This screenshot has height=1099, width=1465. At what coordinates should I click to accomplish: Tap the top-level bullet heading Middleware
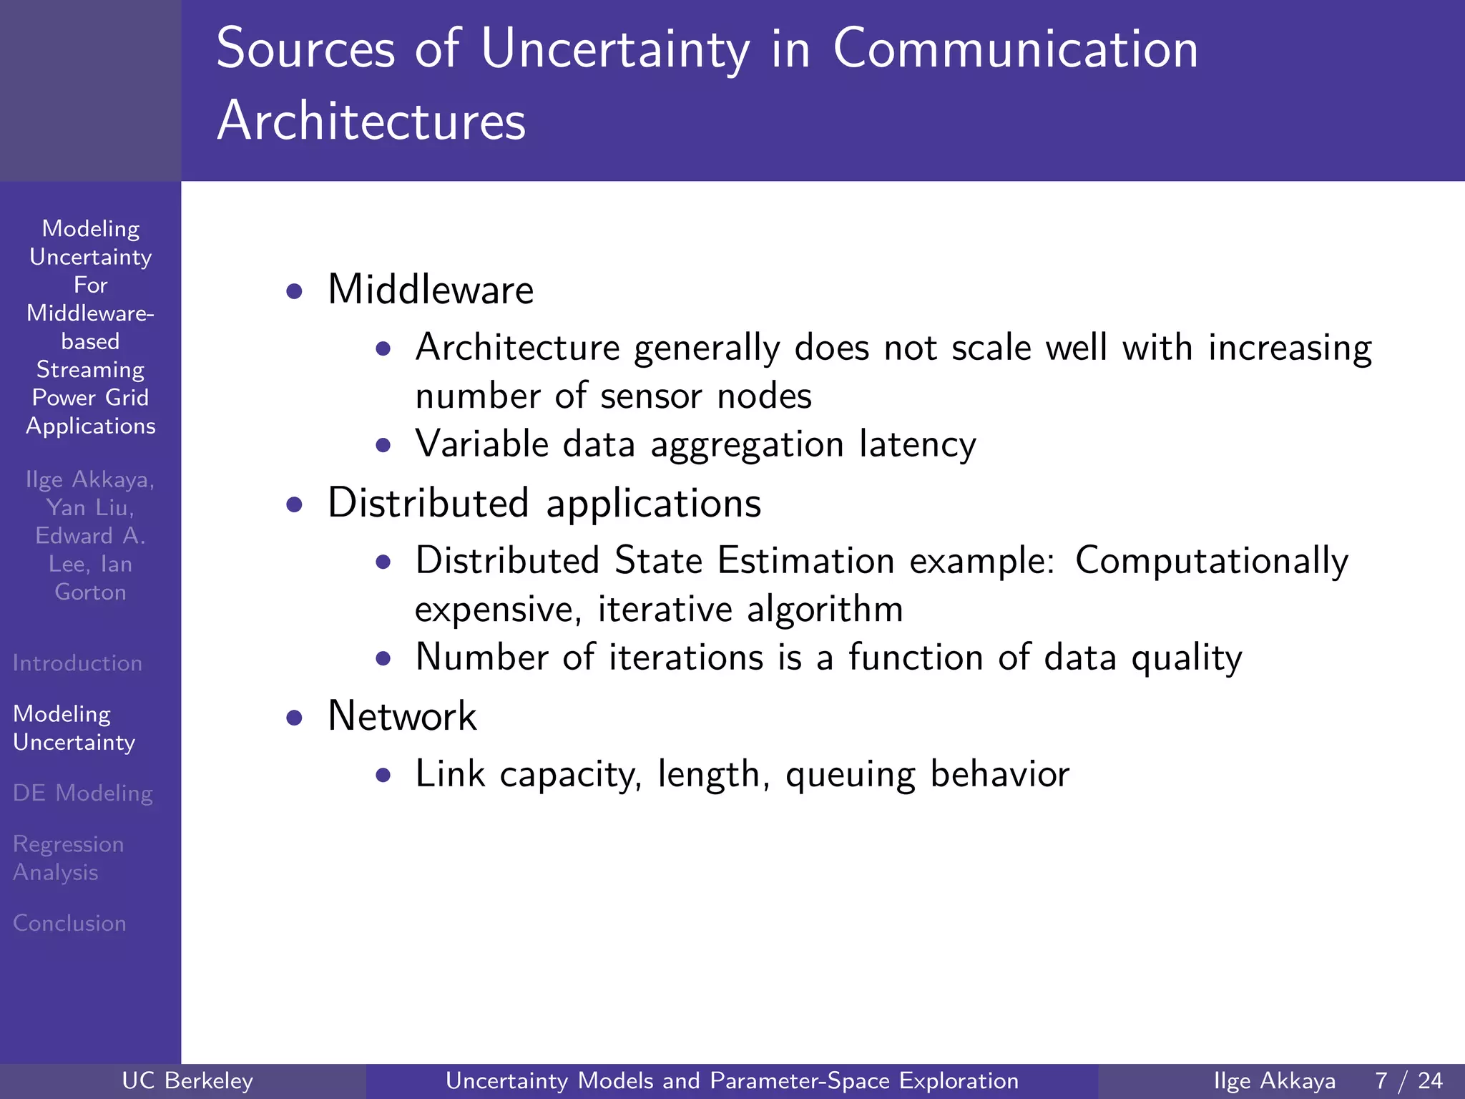[x=431, y=290]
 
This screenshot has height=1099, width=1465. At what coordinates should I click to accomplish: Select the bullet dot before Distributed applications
[x=294, y=505]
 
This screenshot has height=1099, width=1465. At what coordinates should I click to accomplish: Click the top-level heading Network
[x=402, y=715]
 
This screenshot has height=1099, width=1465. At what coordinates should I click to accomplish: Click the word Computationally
[x=1211, y=560]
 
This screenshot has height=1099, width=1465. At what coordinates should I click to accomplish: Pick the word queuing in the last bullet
[x=850, y=775]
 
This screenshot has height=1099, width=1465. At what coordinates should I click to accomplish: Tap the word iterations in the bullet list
[x=686, y=658]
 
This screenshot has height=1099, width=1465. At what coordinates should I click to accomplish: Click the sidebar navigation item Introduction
[x=77, y=663]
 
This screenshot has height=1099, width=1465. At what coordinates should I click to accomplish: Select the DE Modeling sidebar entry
[x=83, y=793]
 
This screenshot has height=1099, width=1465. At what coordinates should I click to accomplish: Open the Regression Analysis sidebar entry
[x=68, y=858]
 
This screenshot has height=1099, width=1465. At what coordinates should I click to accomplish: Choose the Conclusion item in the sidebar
[x=69, y=924]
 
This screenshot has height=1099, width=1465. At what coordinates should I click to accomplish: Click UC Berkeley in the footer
[x=187, y=1080]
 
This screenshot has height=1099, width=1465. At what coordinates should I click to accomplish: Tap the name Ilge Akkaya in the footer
[x=1274, y=1080]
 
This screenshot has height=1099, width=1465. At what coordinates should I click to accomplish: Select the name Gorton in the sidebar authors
[x=90, y=592]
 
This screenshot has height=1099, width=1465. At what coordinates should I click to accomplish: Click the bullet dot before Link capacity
[x=383, y=775]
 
